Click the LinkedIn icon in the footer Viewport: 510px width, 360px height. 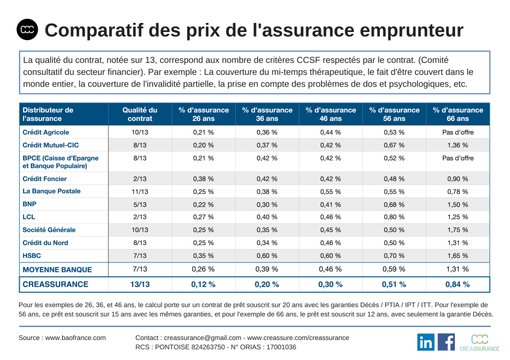coord(425,342)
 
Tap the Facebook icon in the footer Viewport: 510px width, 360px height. coord(446,342)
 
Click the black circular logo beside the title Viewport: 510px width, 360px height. coord(27,30)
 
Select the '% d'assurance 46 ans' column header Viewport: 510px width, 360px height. coord(331,114)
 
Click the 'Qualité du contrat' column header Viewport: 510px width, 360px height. coord(140,114)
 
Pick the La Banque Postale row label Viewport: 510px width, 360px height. coord(52,191)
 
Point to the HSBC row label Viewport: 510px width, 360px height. coord(32,255)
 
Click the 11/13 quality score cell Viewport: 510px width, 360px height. coord(140,191)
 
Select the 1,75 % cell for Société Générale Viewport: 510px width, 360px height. coord(457,230)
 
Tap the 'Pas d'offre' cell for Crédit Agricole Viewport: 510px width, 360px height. coord(457,132)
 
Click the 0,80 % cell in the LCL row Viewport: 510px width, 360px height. coord(394,217)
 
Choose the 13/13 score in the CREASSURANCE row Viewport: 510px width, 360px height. coord(140,284)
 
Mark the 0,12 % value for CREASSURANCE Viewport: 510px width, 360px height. coord(203,284)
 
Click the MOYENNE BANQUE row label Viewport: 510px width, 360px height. coord(58,269)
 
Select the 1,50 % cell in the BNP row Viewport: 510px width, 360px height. coord(457,204)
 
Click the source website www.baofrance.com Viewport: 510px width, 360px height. coord(76,337)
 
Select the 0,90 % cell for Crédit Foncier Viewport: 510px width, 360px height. coord(457,178)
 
